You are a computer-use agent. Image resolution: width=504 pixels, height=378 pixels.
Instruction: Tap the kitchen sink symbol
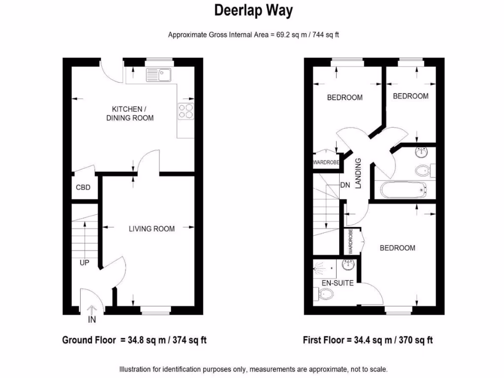point(158,75)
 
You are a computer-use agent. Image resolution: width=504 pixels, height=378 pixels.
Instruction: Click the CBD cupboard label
point(83,188)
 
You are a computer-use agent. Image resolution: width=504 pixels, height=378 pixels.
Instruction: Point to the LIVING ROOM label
point(152,228)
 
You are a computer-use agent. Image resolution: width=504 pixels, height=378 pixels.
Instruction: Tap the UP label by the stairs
point(85,263)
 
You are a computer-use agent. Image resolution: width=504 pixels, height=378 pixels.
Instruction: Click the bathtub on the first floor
point(402,189)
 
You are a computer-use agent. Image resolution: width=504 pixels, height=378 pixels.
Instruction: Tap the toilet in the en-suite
point(325,294)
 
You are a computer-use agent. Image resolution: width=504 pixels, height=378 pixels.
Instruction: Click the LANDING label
point(358,173)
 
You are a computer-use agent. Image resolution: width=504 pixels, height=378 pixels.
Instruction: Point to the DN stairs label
point(345,185)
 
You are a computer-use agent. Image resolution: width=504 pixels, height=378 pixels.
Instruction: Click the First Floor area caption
point(369,340)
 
